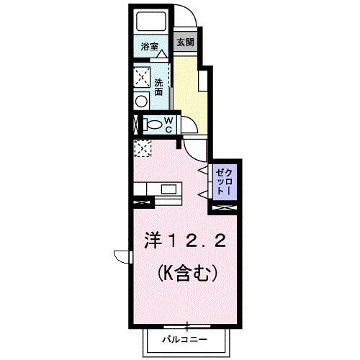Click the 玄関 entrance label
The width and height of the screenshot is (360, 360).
pyautogui.click(x=185, y=42)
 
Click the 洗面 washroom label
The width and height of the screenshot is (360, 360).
pyautogui.click(x=158, y=87)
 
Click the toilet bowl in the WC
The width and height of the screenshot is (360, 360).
pyautogui.click(x=153, y=125)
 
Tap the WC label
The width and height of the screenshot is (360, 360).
pyautogui.click(x=167, y=124)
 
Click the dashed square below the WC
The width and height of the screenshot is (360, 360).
pyautogui.click(x=143, y=148)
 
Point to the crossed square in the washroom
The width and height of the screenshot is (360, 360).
pyautogui.click(x=142, y=76)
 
